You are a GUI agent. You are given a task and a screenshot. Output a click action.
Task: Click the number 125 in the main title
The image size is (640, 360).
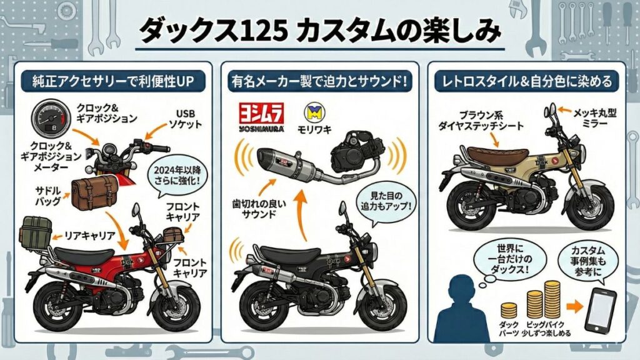[x=265, y=31]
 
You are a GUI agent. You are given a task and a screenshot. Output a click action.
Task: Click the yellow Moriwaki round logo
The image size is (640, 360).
[x=312, y=112]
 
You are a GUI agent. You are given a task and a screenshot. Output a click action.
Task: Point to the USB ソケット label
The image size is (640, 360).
[x=186, y=118]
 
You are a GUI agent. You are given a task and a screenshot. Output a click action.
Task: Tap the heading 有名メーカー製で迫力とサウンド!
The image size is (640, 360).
[x=319, y=81]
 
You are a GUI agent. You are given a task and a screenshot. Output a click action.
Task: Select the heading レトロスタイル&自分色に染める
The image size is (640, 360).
[x=526, y=81]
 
